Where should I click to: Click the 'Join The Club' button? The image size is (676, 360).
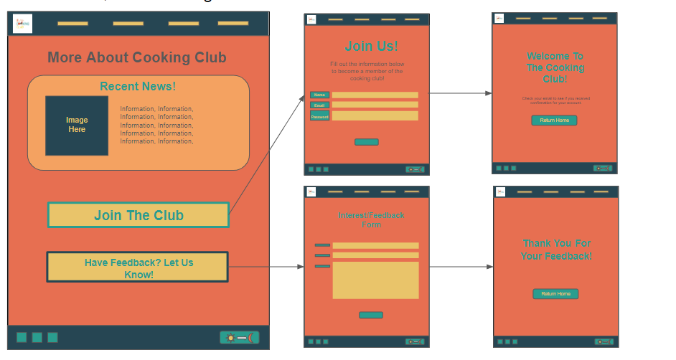[x=139, y=215]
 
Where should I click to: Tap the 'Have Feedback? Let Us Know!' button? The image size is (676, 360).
[x=138, y=267]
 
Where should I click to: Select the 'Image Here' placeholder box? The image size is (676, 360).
[x=77, y=125]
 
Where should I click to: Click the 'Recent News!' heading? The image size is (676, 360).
[x=138, y=87]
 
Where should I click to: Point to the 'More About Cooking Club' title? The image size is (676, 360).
[x=137, y=58]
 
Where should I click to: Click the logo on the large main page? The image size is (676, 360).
[x=22, y=24]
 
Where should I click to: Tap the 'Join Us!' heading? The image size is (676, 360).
[x=371, y=47]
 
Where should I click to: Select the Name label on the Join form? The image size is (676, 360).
[x=320, y=95]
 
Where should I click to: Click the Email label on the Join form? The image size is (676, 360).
[x=320, y=105]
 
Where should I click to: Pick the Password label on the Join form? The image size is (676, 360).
[x=320, y=116]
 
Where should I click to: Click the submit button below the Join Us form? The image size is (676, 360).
[x=367, y=142]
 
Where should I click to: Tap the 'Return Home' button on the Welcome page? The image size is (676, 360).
[x=554, y=120]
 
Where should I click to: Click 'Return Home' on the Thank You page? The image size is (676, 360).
[x=555, y=294]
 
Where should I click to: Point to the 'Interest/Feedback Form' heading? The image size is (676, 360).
[x=371, y=220]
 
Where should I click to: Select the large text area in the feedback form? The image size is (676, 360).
[x=375, y=280]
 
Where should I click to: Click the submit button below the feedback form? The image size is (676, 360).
[x=371, y=315]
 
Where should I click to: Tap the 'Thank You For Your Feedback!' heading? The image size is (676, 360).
[x=556, y=250]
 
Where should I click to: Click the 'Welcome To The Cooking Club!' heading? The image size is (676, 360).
[x=555, y=67]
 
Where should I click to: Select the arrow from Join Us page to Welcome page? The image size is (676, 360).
[x=460, y=93]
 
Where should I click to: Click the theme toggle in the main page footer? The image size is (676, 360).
[x=239, y=338]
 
